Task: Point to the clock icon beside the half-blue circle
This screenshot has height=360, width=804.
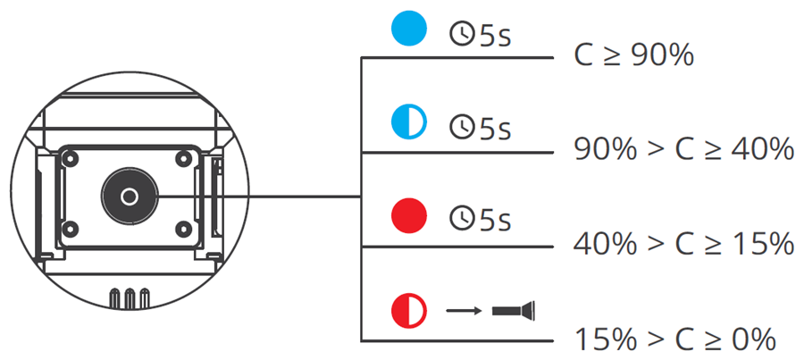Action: coord(461,129)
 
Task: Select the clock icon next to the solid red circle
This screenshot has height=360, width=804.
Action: coord(461,218)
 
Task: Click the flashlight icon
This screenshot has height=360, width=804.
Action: coord(513,311)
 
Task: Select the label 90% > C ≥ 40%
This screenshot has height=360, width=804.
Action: coord(683,149)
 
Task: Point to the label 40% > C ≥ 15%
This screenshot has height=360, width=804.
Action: coord(683,243)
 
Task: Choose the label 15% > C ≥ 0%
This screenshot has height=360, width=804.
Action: coord(674,339)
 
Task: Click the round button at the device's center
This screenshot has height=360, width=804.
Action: coord(130,196)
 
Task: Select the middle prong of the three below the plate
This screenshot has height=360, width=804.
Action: coord(129,297)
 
